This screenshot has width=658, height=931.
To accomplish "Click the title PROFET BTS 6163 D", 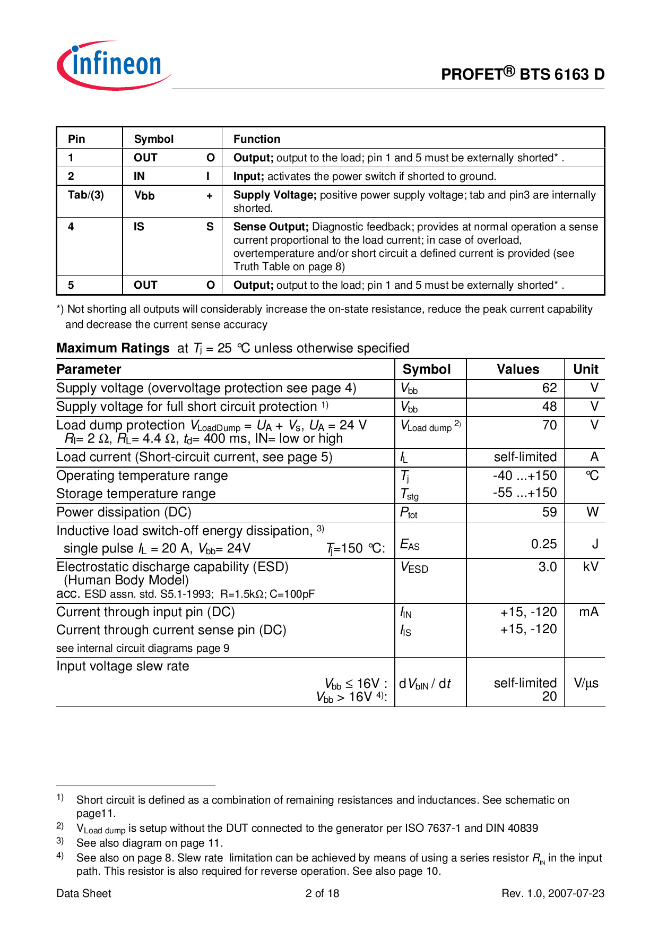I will click(x=522, y=74).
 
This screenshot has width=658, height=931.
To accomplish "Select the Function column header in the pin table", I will click(x=257, y=139).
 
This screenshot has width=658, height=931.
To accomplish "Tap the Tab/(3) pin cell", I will click(x=86, y=195).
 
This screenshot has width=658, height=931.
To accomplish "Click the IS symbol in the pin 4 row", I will click(x=139, y=227).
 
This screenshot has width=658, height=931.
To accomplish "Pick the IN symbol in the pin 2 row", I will click(x=139, y=176).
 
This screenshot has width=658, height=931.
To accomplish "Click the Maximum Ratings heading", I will click(x=113, y=348).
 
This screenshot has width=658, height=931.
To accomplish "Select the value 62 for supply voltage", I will click(x=549, y=388).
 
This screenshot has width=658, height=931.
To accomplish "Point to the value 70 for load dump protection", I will click(x=549, y=425).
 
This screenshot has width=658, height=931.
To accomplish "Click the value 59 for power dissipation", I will click(x=549, y=512).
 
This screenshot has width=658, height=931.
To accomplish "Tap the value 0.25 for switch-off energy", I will click(x=544, y=544).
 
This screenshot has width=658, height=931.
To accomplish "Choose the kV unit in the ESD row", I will click(x=590, y=567).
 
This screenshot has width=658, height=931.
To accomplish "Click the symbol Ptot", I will click(x=409, y=513).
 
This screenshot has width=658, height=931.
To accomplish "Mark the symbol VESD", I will click(x=414, y=567).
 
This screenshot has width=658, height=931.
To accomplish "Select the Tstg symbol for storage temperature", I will click(x=409, y=495).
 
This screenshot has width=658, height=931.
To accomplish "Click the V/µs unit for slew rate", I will click(x=586, y=683).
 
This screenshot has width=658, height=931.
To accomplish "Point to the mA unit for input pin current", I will click(x=588, y=612).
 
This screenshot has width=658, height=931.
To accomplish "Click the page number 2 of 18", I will click(x=322, y=893).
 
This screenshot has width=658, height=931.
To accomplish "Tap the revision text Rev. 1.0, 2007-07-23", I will click(x=552, y=893).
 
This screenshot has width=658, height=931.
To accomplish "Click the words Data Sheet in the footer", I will click(x=84, y=893).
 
